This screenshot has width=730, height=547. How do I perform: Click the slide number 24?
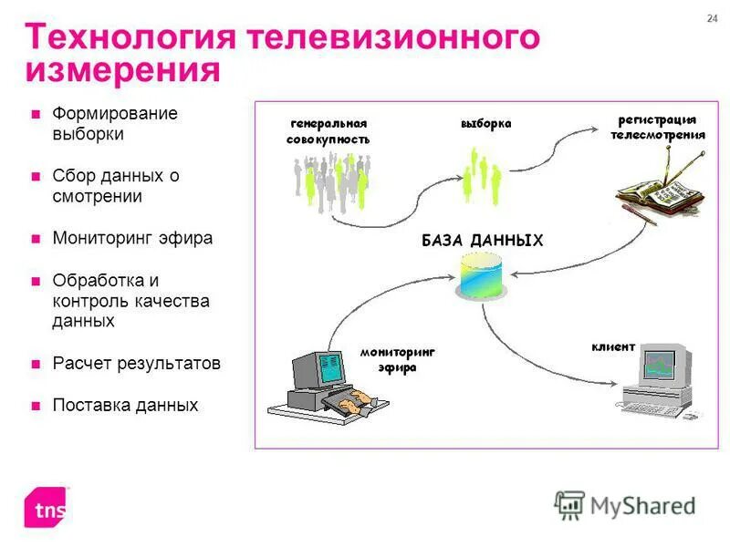coord(713,20)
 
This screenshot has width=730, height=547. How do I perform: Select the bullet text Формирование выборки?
coord(114,124)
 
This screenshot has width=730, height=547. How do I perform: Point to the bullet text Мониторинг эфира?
coord(132,238)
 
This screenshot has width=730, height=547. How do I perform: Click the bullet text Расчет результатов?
coord(136,364)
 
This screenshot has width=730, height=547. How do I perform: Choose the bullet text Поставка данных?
coord(125,406)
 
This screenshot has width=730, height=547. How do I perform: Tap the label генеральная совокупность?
coord(328,131)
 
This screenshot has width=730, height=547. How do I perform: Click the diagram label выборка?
coord(485,123)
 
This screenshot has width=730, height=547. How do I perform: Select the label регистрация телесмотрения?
coord(657,127)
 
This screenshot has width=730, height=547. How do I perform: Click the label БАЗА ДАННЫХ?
coord(482,241)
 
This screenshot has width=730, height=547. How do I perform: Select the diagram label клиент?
coord(612,347)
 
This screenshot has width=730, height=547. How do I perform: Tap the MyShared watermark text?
coord(641,505)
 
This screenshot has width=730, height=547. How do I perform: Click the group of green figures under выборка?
coord(481,175)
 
